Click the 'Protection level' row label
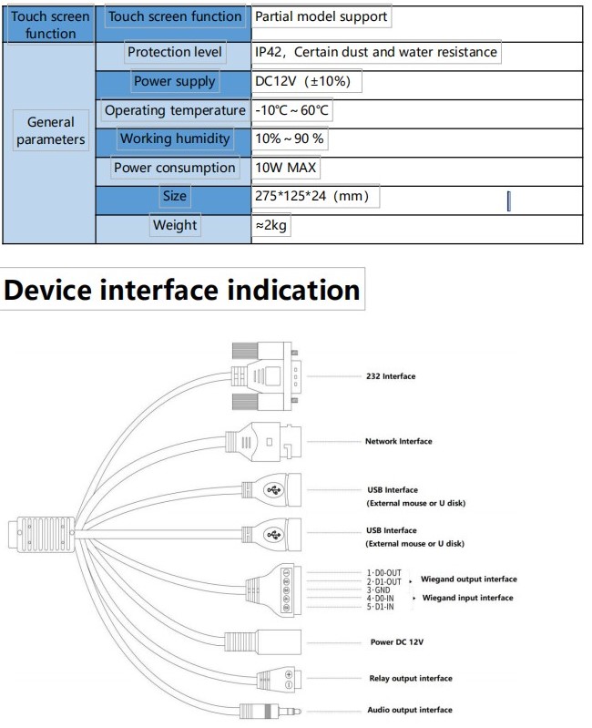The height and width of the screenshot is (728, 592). click(x=175, y=52)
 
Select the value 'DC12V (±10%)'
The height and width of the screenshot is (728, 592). click(x=302, y=81)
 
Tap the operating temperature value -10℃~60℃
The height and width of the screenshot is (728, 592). click(x=291, y=110)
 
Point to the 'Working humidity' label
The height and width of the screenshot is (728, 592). click(x=175, y=138)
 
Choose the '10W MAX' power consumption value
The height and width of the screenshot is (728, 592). click(x=285, y=168)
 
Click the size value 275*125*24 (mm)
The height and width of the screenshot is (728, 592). click(x=311, y=196)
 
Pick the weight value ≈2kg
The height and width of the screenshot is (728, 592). click(x=270, y=225)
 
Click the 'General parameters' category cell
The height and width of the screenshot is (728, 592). click(x=51, y=130)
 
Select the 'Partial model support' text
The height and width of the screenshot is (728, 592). click(x=322, y=16)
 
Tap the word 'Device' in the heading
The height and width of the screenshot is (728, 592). click(x=47, y=290)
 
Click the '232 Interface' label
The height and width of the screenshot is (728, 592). click(x=391, y=376)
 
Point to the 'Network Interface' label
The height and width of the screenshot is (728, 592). click(x=399, y=442)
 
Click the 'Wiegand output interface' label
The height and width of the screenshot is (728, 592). click(x=468, y=579)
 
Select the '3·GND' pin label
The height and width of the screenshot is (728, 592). click(x=379, y=590)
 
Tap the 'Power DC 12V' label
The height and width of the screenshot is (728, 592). click(x=397, y=642)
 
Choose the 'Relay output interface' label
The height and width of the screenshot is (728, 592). click(x=411, y=678)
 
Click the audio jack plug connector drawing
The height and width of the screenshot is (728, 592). click(x=270, y=712)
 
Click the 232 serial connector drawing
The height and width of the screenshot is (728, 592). click(x=265, y=376)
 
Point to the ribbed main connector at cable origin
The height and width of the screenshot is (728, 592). click(x=42, y=535)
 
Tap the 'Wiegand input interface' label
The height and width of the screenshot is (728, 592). click(x=467, y=598)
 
